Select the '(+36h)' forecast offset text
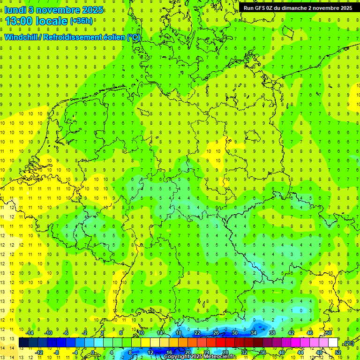pos(81,21)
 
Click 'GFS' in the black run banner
pos(259,8)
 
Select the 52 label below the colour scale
pos(338,352)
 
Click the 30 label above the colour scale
pos(235,333)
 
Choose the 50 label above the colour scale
pos(329,333)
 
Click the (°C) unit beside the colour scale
pos(348,343)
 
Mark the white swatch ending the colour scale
pos(333,343)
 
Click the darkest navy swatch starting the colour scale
pos(23,343)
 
